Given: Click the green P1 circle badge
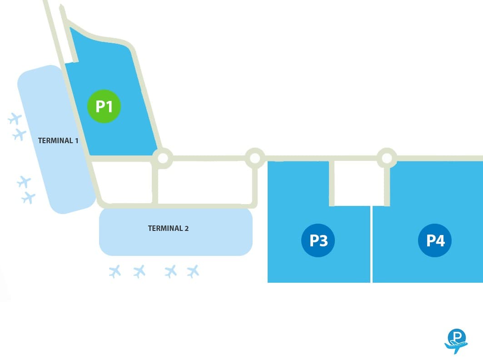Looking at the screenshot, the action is pyautogui.click(x=104, y=106).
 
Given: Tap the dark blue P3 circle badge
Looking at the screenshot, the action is pyautogui.click(x=318, y=240).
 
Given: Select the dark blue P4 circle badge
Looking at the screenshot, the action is pyautogui.click(x=435, y=240).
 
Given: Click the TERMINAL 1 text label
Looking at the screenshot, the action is pyautogui.click(x=58, y=141).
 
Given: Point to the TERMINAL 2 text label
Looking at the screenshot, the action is pyautogui.click(x=168, y=228).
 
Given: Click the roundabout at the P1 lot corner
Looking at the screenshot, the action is pyautogui.click(x=163, y=158).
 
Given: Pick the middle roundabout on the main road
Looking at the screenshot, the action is pyautogui.click(x=255, y=158).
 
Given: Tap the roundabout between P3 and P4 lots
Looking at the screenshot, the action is pyautogui.click(x=387, y=158).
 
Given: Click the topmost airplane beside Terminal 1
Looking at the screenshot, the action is pyautogui.click(x=15, y=119).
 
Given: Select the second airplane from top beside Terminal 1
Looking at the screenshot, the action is pyautogui.click(x=20, y=135).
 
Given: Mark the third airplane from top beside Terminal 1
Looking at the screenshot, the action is pyautogui.click(x=24, y=182).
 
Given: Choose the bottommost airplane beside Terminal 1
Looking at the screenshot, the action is pyautogui.click(x=29, y=198).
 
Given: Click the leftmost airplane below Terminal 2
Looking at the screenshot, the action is pyautogui.click(x=115, y=271).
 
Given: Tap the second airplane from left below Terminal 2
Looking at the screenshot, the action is pyautogui.click(x=139, y=271).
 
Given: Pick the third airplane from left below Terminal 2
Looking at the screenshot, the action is pyautogui.click(x=171, y=271).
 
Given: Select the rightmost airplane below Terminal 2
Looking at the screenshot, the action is pyautogui.click(x=193, y=271).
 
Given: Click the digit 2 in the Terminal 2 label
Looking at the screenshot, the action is pyautogui.click(x=187, y=228).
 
